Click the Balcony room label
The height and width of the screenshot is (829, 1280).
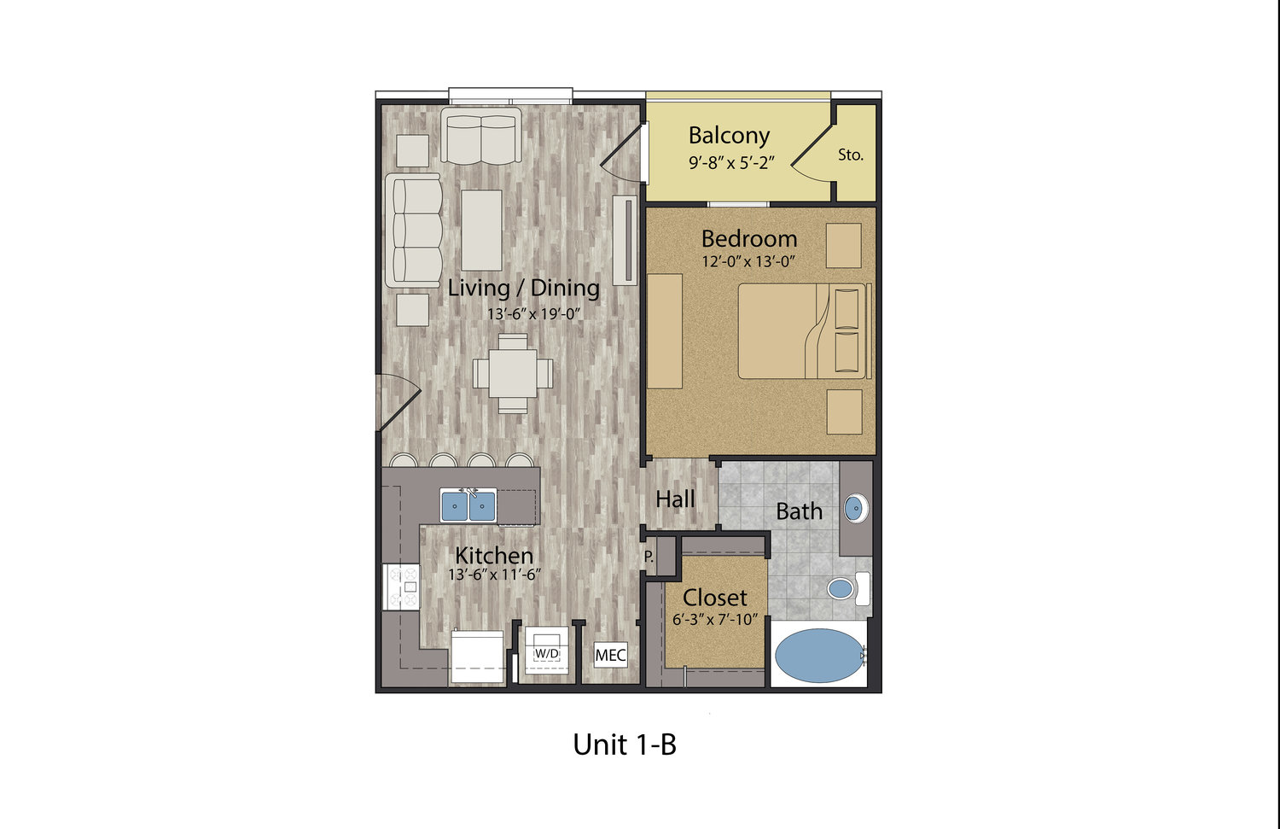coord(729,136)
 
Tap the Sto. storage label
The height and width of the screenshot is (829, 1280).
coord(850,155)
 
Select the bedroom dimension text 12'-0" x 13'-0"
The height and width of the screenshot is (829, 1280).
coord(748,262)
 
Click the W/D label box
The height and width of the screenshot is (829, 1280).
coord(547,653)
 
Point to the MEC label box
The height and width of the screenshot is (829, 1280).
coord(611,655)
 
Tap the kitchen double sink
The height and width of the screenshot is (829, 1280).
coord(468,505)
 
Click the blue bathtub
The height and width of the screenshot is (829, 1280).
coord(819,656)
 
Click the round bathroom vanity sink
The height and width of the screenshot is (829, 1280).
coord(855,508)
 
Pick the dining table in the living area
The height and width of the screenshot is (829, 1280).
coord(513,373)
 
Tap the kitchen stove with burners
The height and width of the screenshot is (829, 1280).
coord(401,587)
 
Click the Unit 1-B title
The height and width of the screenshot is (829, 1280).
coord(625,744)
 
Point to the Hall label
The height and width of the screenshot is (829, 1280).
coord(675,499)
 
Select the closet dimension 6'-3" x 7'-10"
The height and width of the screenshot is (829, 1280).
coord(715,620)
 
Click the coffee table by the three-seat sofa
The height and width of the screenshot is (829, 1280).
coord(482,231)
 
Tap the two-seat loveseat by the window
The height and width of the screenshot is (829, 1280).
coord(480,137)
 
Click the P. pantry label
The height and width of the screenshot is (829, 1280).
coord(649,556)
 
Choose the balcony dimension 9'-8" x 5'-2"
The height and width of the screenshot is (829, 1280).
coord(731,164)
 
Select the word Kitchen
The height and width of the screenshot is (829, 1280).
coord(494,556)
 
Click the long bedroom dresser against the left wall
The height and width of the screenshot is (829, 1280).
coord(665,331)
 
